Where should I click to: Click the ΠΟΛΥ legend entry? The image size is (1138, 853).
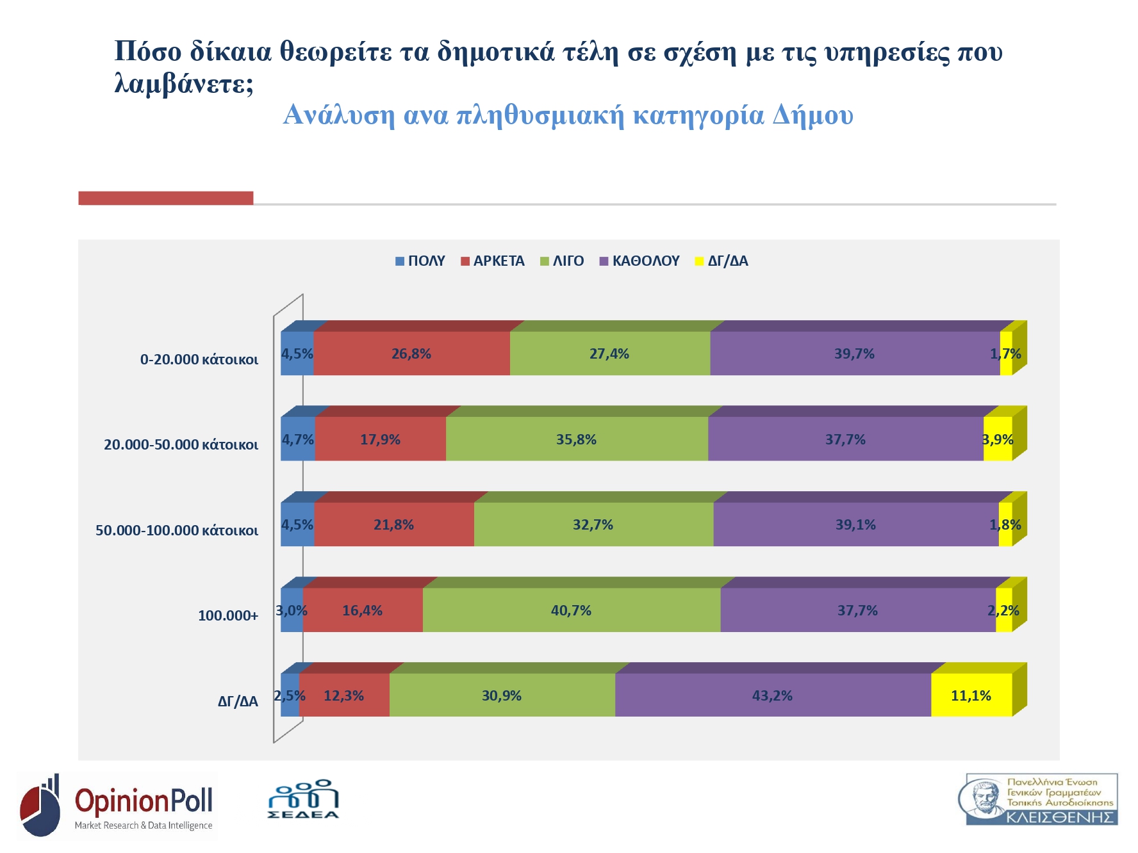420,261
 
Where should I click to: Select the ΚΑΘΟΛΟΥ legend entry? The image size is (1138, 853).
639,261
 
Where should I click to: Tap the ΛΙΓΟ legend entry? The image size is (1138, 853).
563,261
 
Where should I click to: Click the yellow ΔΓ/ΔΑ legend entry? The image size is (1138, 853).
722,261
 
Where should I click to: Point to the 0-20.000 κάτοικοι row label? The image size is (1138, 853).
199,359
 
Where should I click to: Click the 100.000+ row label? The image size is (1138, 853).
228,616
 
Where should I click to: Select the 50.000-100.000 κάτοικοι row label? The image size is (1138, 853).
177,530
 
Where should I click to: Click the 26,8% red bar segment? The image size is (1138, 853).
411,353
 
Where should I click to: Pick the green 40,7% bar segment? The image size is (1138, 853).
571,610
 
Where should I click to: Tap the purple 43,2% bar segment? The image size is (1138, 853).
772,695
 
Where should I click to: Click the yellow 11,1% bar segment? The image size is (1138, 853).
971,695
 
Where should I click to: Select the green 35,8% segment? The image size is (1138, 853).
576,439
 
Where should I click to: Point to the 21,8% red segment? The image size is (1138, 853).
393,525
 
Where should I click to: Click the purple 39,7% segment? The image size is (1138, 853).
854,353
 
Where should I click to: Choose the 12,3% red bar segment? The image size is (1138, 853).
344,695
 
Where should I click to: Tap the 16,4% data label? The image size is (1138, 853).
362,611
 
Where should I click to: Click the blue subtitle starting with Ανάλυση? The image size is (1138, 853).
568,115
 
